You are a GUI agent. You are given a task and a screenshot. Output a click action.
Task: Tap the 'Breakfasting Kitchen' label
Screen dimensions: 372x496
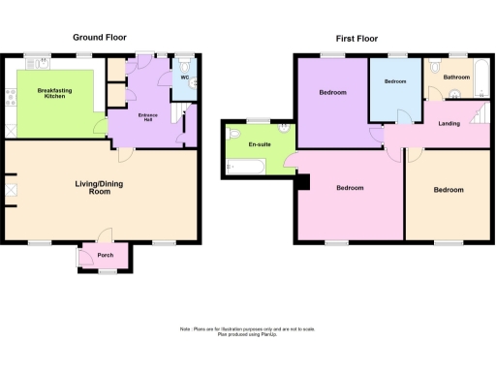pyautogui.click(x=55, y=94)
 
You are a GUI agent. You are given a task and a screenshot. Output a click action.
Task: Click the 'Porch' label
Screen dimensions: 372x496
pyautogui.click(x=106, y=257)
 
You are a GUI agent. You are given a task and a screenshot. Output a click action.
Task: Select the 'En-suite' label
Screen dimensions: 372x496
pyautogui.click(x=259, y=144)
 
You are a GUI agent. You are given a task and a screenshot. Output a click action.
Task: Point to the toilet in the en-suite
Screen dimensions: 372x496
pyautogui.click(x=283, y=128)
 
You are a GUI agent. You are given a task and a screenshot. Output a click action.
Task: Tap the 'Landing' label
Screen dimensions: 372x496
pyautogui.click(x=449, y=124)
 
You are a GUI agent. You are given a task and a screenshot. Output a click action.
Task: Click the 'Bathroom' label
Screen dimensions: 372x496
pyautogui.click(x=456, y=76)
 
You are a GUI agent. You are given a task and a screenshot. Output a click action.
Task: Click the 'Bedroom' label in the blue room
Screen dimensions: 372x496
pyautogui.click(x=395, y=82)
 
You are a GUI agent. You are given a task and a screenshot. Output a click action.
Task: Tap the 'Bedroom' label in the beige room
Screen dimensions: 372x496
pyautogui.click(x=449, y=190)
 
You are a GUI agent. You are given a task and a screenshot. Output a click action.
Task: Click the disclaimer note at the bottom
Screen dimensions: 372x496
pyautogui.click(x=247, y=332)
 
